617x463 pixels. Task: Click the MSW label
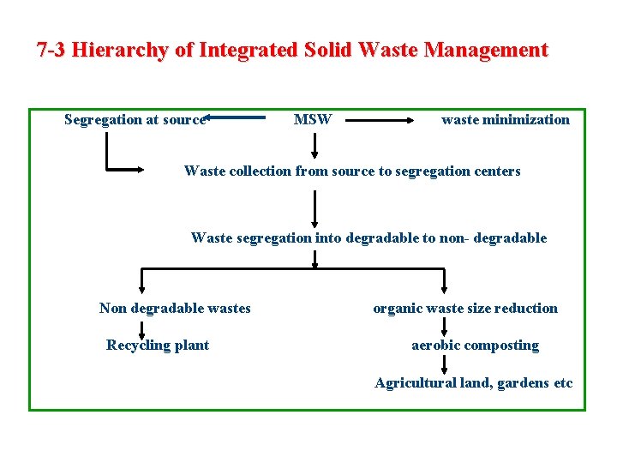tap(312, 119)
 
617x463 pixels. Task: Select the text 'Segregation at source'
tap(135, 119)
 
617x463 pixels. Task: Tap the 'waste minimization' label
tap(505, 119)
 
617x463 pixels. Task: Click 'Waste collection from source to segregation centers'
tap(351, 171)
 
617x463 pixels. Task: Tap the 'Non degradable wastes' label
tap(175, 308)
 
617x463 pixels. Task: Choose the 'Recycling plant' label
tap(158, 345)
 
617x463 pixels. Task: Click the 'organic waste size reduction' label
tap(464, 308)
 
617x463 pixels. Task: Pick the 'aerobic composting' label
tap(475, 345)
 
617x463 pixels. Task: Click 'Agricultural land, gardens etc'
tap(473, 382)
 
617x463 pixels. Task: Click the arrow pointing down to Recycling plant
tap(143, 329)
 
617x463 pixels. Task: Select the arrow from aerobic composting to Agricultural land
tap(444, 364)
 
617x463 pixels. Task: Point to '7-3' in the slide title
tap(51, 50)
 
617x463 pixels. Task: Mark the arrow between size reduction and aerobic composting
tap(444, 327)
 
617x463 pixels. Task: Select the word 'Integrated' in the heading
tap(248, 50)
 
